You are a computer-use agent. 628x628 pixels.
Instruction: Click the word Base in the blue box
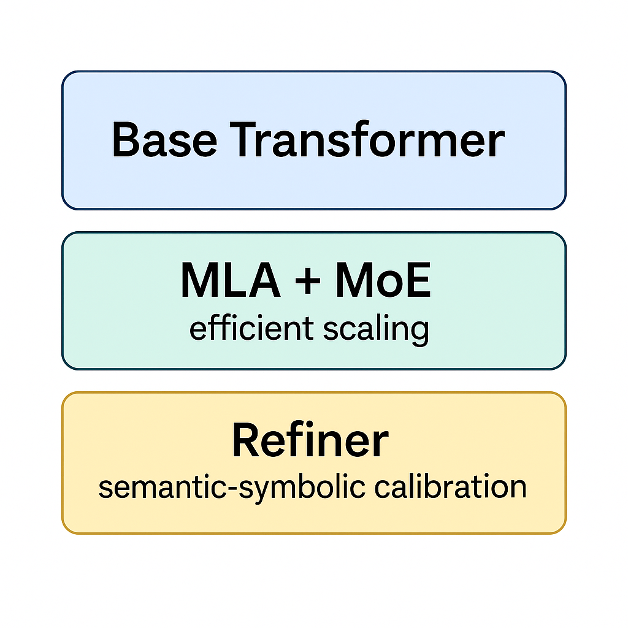tap(164, 140)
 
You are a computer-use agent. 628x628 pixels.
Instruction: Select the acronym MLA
tap(230, 281)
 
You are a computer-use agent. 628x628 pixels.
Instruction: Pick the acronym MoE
tap(383, 281)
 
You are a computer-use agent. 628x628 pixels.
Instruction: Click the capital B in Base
tap(126, 140)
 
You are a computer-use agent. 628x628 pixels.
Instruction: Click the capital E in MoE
tap(418, 281)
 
